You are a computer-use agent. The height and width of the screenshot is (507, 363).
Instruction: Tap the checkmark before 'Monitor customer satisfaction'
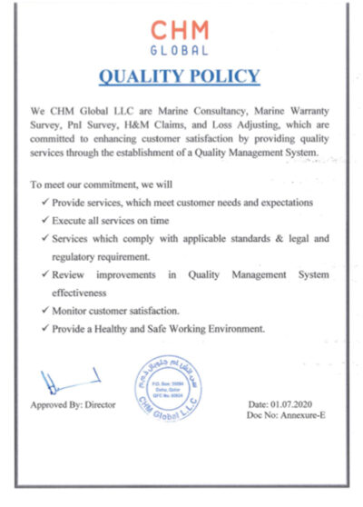coord(46,311)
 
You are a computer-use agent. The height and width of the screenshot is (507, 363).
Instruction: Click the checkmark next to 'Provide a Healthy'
coord(46,328)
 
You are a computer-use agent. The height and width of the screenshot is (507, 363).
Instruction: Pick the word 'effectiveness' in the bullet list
coord(83,293)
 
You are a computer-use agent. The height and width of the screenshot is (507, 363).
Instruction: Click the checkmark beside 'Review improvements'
coord(46,274)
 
